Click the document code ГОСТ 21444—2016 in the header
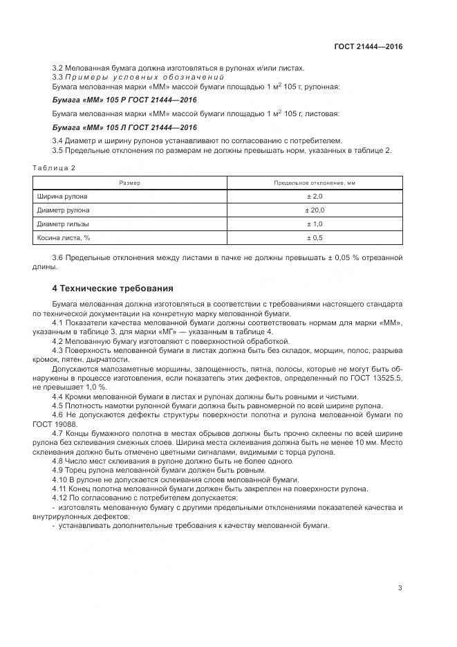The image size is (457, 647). pos(368,46)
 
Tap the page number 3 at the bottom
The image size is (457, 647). pos(400,588)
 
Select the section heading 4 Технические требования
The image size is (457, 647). pos(113,288)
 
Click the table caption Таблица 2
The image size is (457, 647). pos(54,168)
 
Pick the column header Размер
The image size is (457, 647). pos(129,183)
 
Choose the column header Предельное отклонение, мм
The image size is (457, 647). pos(315,183)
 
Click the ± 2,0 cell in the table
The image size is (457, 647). pos(315,197)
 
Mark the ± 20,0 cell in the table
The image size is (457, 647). pos(315,210)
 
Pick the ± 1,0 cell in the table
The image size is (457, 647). pos(315,224)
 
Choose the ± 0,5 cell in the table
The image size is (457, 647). pos(315,237)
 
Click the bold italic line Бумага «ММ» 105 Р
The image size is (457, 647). pos(124,100)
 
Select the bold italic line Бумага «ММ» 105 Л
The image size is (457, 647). pos(124,127)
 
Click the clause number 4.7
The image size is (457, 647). pos(58,433)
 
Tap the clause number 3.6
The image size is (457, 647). pos(58,258)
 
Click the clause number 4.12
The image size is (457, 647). pos(60,498)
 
